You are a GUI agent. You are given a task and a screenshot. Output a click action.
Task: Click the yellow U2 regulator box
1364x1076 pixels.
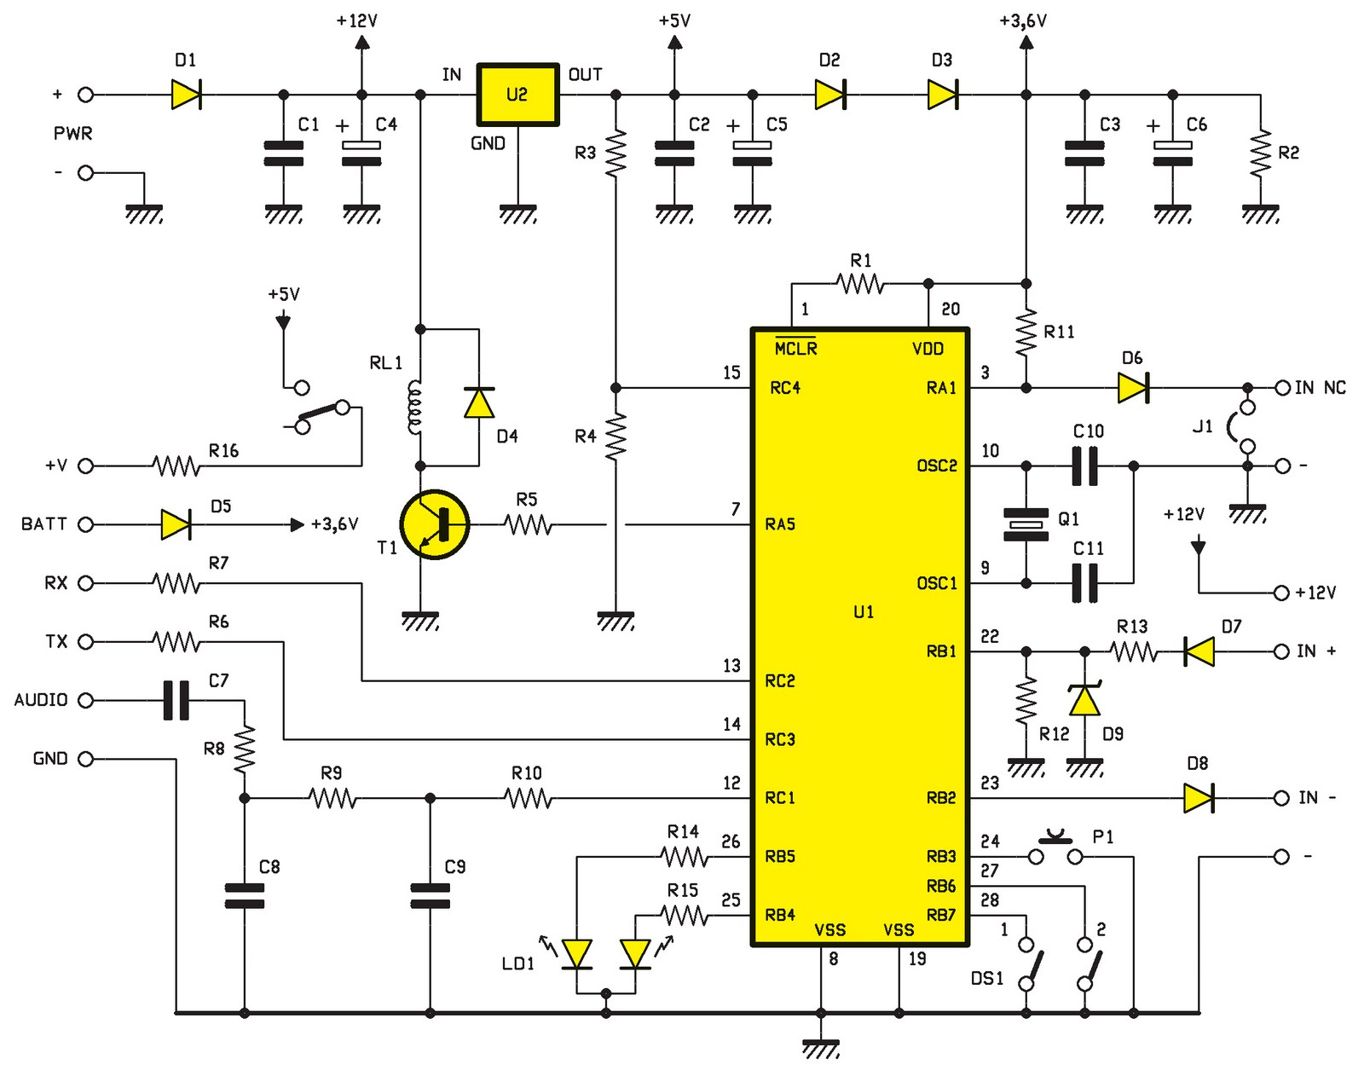[x=517, y=95]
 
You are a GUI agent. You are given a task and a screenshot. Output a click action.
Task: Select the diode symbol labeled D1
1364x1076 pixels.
[x=186, y=95]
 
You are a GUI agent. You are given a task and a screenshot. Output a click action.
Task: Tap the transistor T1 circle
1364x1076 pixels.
[x=434, y=524]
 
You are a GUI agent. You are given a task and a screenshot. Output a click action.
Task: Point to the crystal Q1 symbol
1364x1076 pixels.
[x=1026, y=524]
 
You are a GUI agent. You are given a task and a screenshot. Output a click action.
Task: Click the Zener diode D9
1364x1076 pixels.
[x=1084, y=701]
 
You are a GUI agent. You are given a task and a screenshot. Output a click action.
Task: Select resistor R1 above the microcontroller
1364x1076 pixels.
[x=860, y=283]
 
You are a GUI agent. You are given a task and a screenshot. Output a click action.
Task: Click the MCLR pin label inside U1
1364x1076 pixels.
[x=795, y=348]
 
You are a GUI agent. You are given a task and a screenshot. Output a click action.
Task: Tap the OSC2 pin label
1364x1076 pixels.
[x=937, y=466]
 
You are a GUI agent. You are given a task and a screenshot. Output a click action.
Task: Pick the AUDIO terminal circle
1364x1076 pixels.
[x=85, y=700]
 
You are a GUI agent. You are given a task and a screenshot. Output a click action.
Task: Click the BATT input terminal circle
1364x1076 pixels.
[x=85, y=524]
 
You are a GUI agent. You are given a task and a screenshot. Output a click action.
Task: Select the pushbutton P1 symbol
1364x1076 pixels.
[x=1055, y=849]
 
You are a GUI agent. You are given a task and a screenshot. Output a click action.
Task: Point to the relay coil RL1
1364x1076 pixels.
[x=415, y=407]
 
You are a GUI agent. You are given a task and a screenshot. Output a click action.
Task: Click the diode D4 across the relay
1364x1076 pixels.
[x=479, y=402]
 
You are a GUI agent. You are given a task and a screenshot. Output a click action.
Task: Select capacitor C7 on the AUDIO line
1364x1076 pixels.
[x=176, y=700]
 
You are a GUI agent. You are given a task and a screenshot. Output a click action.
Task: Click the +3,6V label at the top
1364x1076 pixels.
[x=1022, y=20]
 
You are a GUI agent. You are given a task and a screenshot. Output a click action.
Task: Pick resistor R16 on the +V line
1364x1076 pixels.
[x=176, y=466]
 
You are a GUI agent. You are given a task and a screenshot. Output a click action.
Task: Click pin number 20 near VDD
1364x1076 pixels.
[x=950, y=309]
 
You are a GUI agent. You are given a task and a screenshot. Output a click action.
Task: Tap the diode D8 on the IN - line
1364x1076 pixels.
[x=1199, y=798]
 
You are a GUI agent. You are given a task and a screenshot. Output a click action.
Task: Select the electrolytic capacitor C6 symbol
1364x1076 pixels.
[x=1172, y=153]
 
